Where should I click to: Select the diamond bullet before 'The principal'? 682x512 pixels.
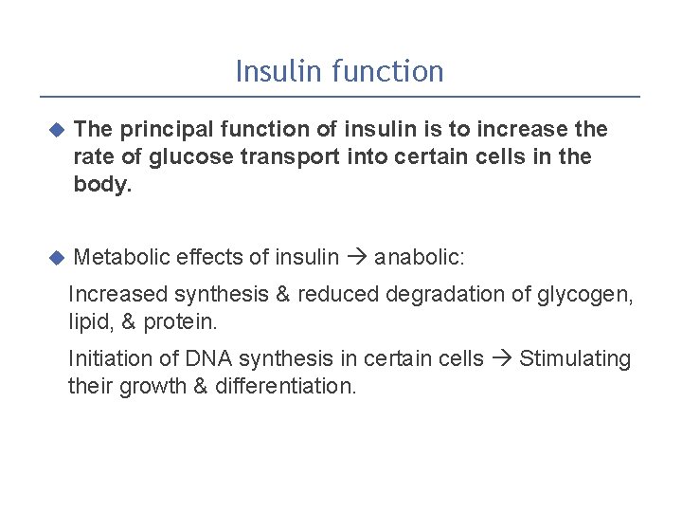tap(55, 129)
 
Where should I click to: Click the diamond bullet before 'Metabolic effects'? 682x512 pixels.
tap(55, 257)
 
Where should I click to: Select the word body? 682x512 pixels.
tap(101, 185)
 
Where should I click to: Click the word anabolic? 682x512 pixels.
tap(420, 257)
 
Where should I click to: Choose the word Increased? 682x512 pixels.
tap(117, 295)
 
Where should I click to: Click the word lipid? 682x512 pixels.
tap(88, 322)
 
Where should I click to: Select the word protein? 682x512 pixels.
tap(181, 322)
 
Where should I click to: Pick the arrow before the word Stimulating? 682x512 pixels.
tap(502, 359)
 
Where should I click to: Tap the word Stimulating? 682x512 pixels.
tap(575, 359)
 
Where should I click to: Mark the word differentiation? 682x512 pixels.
tap(286, 387)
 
